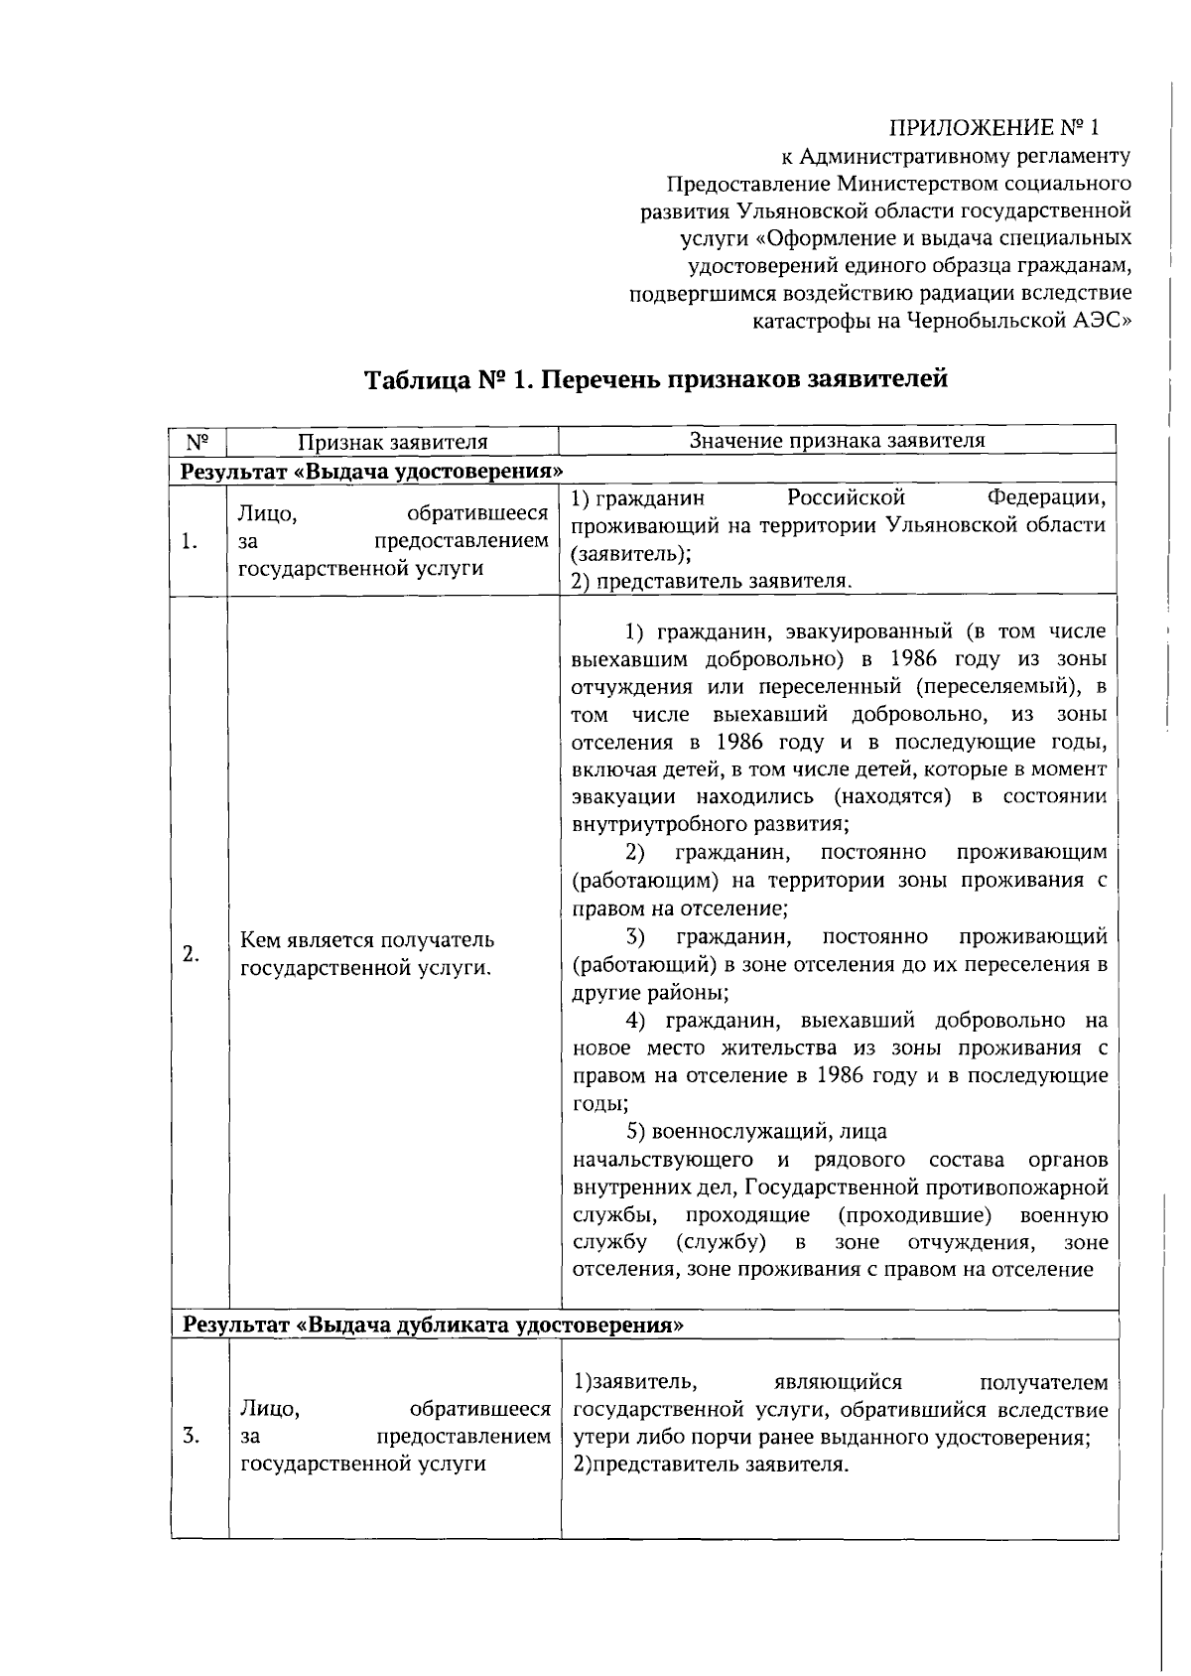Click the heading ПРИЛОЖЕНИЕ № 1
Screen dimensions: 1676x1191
coord(993,128)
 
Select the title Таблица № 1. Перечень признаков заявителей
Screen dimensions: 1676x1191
coord(656,379)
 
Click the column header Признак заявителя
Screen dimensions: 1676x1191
coord(394,442)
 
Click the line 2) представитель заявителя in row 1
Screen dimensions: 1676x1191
coord(712,581)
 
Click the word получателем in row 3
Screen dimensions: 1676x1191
coord(1043,1382)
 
